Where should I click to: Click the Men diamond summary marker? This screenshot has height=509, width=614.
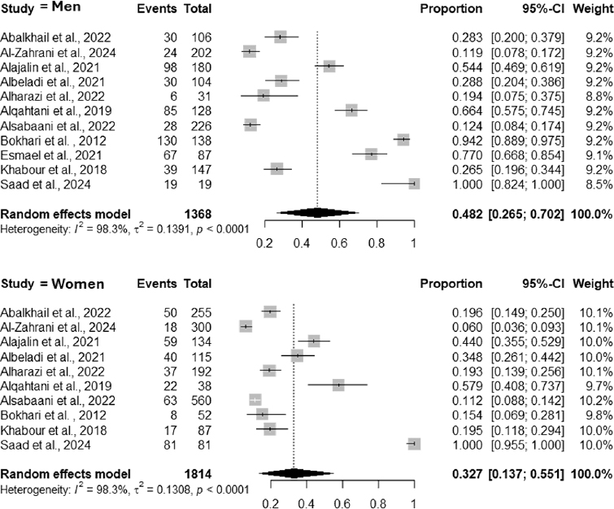318,212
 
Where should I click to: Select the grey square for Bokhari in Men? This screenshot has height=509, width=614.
403,139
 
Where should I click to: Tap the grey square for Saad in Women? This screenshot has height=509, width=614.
414,444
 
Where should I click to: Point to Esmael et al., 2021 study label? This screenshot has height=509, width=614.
51,155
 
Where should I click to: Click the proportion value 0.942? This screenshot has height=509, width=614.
467,141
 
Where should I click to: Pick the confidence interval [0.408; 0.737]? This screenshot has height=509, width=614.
528,386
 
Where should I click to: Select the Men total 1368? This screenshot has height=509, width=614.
198,214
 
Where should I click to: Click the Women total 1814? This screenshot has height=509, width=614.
198,474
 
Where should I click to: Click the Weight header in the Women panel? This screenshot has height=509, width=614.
593,284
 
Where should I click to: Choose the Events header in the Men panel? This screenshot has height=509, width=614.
157,9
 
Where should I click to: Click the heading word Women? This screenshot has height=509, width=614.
78,284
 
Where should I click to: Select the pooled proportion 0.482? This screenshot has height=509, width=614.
467,214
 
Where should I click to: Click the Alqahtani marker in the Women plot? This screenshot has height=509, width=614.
338,385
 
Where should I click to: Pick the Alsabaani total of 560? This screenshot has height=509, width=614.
201,401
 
